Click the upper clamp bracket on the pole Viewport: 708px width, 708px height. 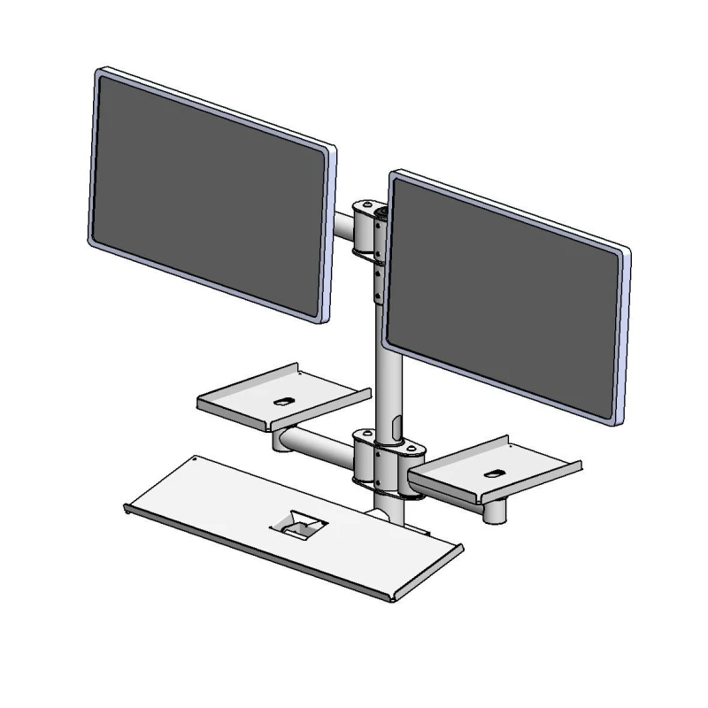[x=369, y=230]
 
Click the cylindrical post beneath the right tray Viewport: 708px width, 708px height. [x=494, y=512]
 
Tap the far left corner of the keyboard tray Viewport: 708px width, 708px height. [x=127, y=506]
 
